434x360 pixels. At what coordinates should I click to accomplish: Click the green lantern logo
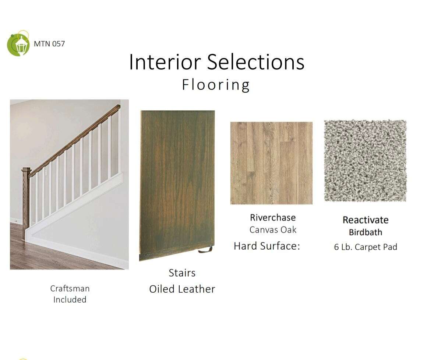18,43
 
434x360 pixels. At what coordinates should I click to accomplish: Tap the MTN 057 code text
49,44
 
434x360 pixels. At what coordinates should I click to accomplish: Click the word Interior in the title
165,62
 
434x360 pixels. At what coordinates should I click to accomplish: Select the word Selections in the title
256,62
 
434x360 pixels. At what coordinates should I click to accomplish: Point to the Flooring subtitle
216,85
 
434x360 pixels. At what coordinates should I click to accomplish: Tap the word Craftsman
70,288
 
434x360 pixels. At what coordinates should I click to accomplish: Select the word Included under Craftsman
70,299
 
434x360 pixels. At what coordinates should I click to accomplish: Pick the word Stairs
182,273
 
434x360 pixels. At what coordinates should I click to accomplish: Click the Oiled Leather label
182,289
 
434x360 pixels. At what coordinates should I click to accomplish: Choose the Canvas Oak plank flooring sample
272,163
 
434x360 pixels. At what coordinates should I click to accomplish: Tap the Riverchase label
273,218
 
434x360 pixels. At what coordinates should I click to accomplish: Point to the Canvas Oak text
273,230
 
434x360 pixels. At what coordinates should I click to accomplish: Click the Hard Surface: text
267,246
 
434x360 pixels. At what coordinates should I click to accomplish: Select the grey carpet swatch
366,161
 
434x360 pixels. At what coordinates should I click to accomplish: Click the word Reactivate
366,220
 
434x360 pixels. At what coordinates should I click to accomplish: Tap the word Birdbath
366,232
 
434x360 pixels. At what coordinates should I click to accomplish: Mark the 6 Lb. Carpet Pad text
366,247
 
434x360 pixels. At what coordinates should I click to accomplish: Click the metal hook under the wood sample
205,250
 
